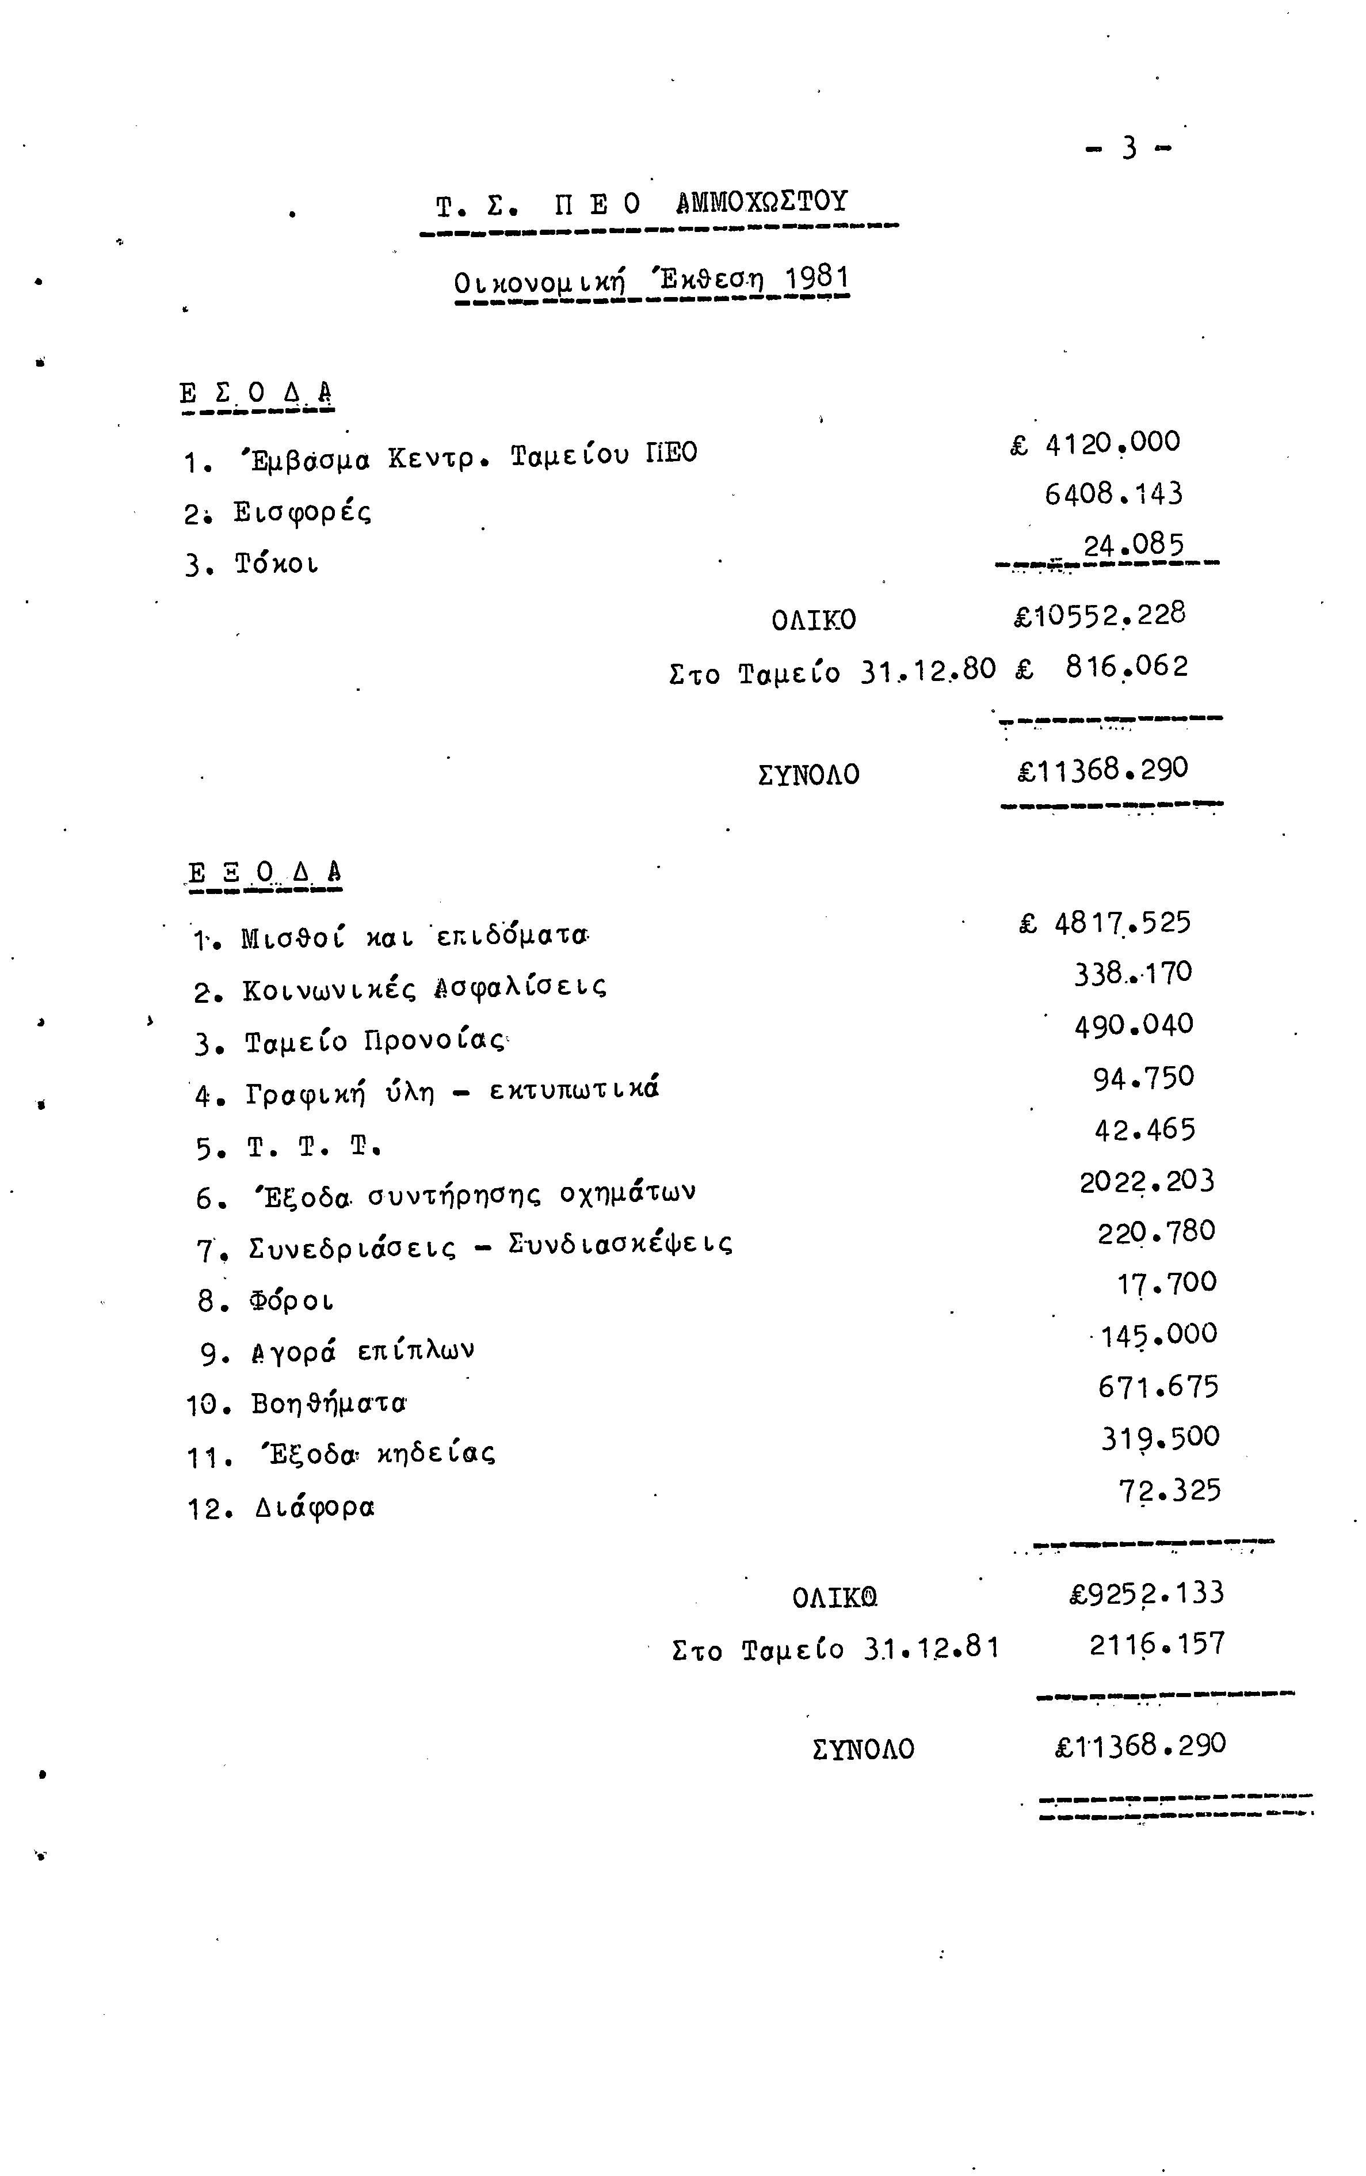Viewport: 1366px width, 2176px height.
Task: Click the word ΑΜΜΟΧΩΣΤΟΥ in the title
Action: (762, 203)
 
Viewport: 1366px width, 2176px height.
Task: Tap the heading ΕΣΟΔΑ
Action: (257, 394)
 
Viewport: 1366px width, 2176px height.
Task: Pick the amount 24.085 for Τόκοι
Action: (1133, 546)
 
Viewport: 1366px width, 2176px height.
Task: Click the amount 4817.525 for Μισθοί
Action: (1122, 923)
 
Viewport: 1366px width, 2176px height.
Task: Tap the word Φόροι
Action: (292, 1302)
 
